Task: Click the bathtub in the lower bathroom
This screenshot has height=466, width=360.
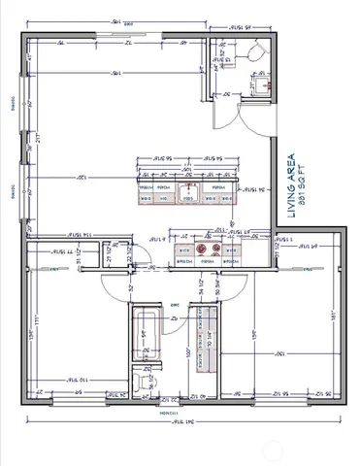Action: point(147,337)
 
